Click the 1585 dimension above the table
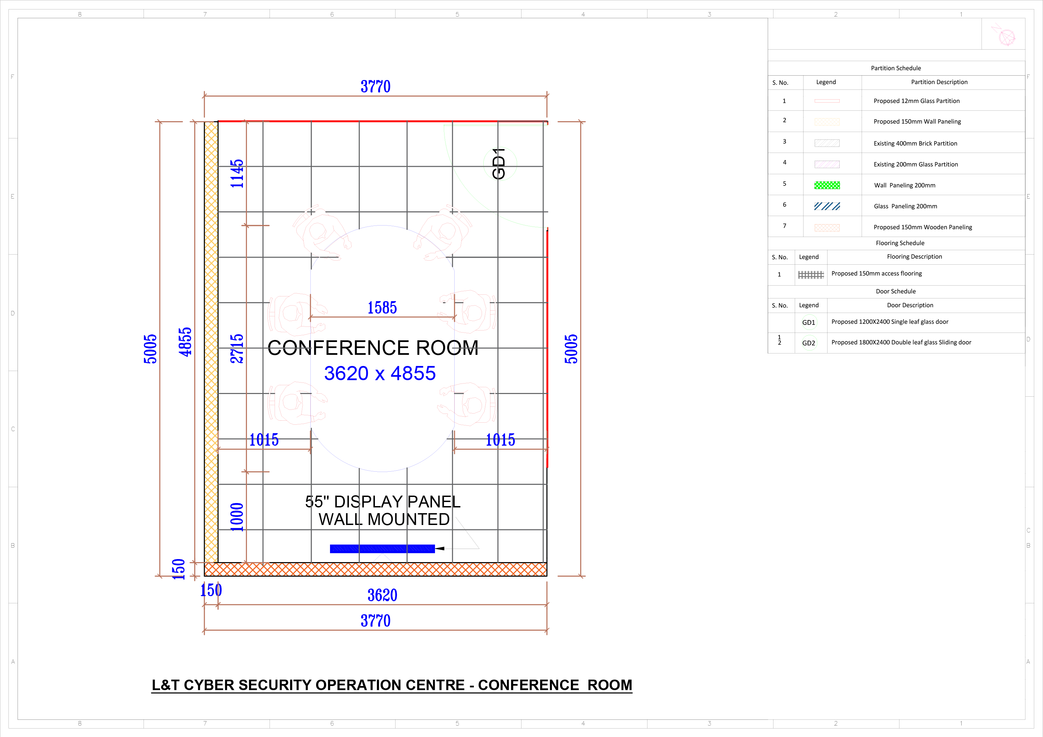382,308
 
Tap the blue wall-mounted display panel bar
382,549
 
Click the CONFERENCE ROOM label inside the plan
373,348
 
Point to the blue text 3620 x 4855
380,373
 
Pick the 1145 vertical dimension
237,174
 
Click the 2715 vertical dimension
237,349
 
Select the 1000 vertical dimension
237,517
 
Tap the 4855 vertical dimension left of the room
185,342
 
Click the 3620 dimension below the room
382,595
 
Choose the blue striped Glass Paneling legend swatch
827,206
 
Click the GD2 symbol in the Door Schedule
809,343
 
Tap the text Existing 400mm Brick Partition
915,143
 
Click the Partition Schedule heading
896,68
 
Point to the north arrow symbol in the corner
1004,34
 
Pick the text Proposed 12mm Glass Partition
917,101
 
